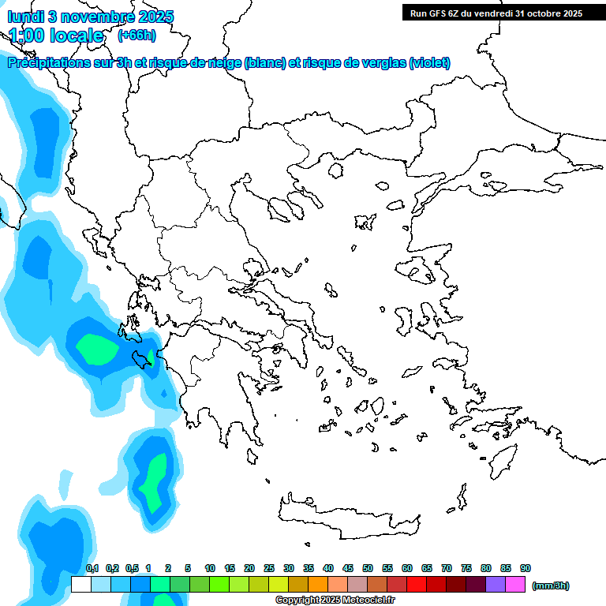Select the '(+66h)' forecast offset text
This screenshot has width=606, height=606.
tap(137, 35)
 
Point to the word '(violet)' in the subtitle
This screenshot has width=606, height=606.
tap(429, 63)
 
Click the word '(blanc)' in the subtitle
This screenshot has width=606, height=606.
tap(264, 63)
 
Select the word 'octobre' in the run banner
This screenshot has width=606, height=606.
tap(545, 13)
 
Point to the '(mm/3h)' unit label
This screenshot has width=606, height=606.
tap(550, 585)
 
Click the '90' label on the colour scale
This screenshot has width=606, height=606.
tap(526, 568)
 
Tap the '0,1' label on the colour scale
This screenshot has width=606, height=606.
tap(92, 568)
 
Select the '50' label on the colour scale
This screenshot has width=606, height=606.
tap(368, 568)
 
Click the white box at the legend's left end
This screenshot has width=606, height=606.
tap(80, 585)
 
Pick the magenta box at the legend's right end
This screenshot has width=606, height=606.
tap(515, 585)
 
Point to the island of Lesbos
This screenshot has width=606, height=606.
tap(420, 273)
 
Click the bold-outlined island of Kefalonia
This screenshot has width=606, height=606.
tap(144, 359)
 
